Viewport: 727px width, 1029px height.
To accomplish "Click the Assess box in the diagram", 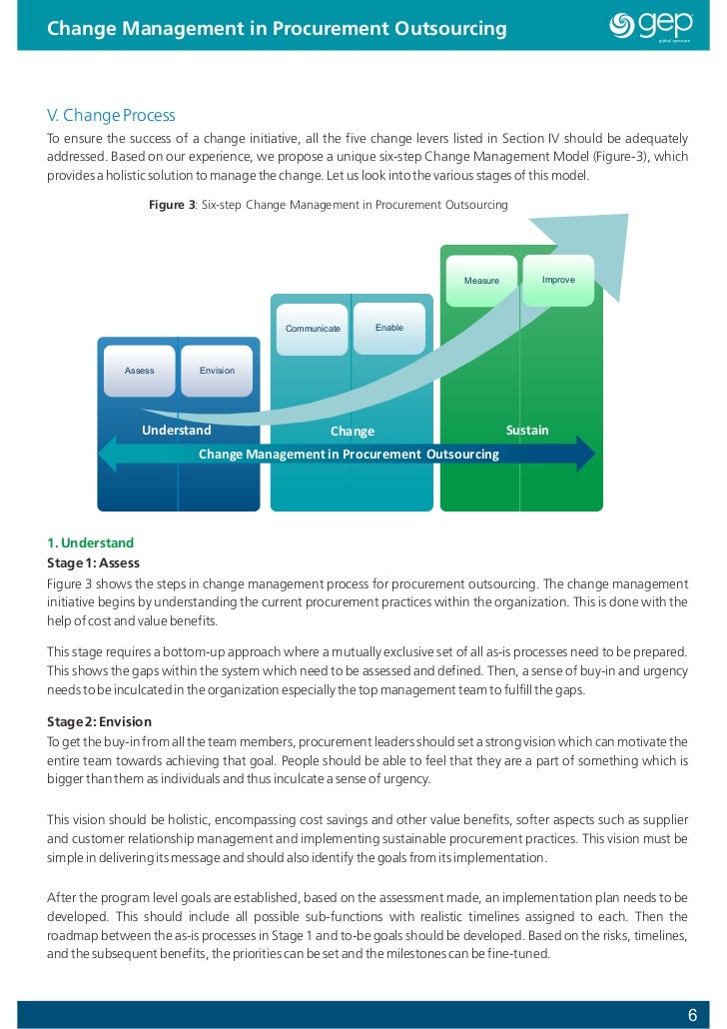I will click(x=139, y=371).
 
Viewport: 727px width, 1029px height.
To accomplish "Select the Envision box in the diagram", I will click(x=217, y=371).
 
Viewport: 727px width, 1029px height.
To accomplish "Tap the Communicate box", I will click(x=313, y=329).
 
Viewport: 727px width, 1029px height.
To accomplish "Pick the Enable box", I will click(x=389, y=328).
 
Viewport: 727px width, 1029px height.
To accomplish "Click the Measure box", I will click(x=481, y=281).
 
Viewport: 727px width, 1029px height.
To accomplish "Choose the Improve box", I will click(x=558, y=280).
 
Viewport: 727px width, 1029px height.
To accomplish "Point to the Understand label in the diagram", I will click(x=177, y=431).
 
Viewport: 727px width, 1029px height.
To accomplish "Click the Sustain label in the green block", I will click(x=527, y=431).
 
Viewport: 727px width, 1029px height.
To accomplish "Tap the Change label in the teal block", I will click(x=352, y=432).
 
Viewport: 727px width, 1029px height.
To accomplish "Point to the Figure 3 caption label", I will click(x=170, y=205).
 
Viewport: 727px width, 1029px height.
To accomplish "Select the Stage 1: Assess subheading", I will click(x=94, y=562).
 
